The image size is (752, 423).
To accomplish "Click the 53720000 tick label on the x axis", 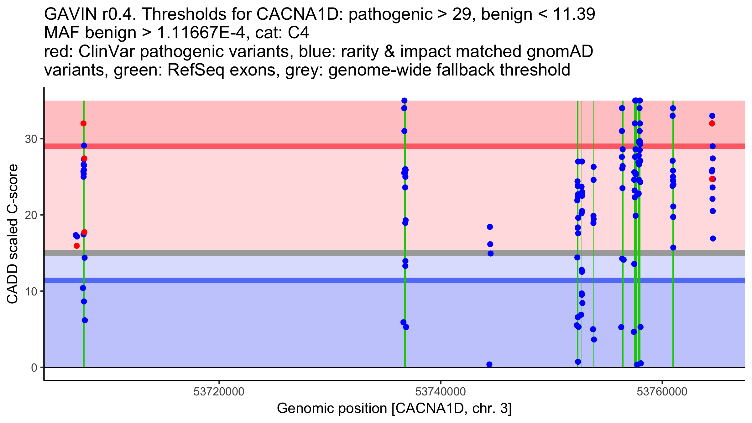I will [219, 392].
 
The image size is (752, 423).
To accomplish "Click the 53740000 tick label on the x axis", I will [440, 392].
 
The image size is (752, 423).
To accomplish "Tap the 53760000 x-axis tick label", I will [662, 392].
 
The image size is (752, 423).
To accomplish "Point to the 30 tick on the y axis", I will [31, 139].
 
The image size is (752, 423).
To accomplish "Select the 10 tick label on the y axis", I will [31, 291].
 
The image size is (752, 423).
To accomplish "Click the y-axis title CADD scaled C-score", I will [13, 234].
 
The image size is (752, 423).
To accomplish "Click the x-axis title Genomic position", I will [394, 409].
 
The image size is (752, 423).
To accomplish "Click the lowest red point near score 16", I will [77, 246].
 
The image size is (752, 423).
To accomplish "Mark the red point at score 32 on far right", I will [712, 123].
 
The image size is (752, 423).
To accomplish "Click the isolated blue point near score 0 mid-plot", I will [489, 364].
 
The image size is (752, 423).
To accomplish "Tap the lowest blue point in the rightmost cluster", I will [713, 238].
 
